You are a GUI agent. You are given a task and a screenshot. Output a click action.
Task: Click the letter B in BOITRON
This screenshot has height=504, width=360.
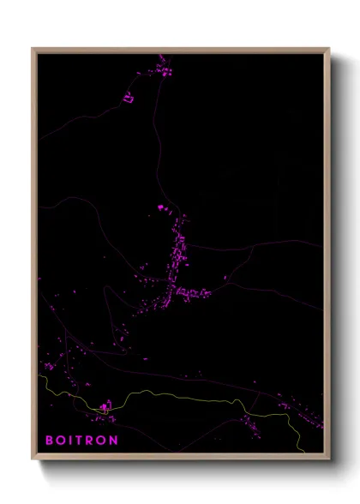point(49,441)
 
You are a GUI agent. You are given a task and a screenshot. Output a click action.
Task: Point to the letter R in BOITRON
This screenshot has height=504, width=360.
point(92,441)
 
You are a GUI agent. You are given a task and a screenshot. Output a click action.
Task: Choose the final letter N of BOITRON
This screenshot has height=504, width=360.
point(115,441)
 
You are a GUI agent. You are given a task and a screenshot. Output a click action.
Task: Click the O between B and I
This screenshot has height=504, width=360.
point(61,441)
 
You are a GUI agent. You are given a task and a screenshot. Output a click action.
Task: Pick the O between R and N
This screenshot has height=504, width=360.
point(103,441)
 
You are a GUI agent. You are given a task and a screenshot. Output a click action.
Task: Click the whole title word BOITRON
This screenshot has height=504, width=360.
point(81,441)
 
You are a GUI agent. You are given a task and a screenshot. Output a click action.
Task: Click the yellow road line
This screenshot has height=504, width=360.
point(171,395)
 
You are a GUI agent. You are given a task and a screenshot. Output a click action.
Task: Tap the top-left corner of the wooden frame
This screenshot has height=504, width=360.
point(33,49)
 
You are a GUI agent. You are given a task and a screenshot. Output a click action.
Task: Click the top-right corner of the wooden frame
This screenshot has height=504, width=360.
point(328,49)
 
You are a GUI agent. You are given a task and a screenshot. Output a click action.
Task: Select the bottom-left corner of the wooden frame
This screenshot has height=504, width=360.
point(33,459)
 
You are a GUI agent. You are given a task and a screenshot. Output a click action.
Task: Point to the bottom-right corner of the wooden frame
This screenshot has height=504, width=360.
point(328,459)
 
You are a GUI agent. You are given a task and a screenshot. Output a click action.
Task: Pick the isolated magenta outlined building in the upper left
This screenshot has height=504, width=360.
point(129,98)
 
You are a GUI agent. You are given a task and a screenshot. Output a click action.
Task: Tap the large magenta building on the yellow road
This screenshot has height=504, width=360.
point(104,406)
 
